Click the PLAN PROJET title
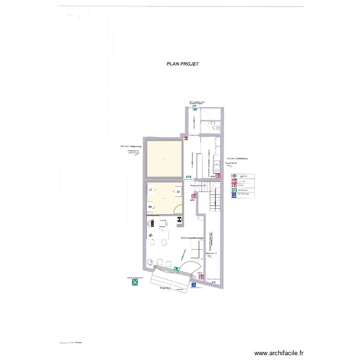click(x=182, y=64)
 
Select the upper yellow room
click(x=164, y=159)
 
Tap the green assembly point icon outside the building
click(x=136, y=283)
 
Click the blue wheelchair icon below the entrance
click(x=193, y=285)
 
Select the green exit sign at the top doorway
click(x=195, y=109)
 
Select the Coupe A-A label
click(x=166, y=288)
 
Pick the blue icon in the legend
click(x=234, y=196)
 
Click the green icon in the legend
click(x=234, y=190)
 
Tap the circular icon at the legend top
click(x=234, y=176)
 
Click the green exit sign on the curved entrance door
click(x=177, y=269)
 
